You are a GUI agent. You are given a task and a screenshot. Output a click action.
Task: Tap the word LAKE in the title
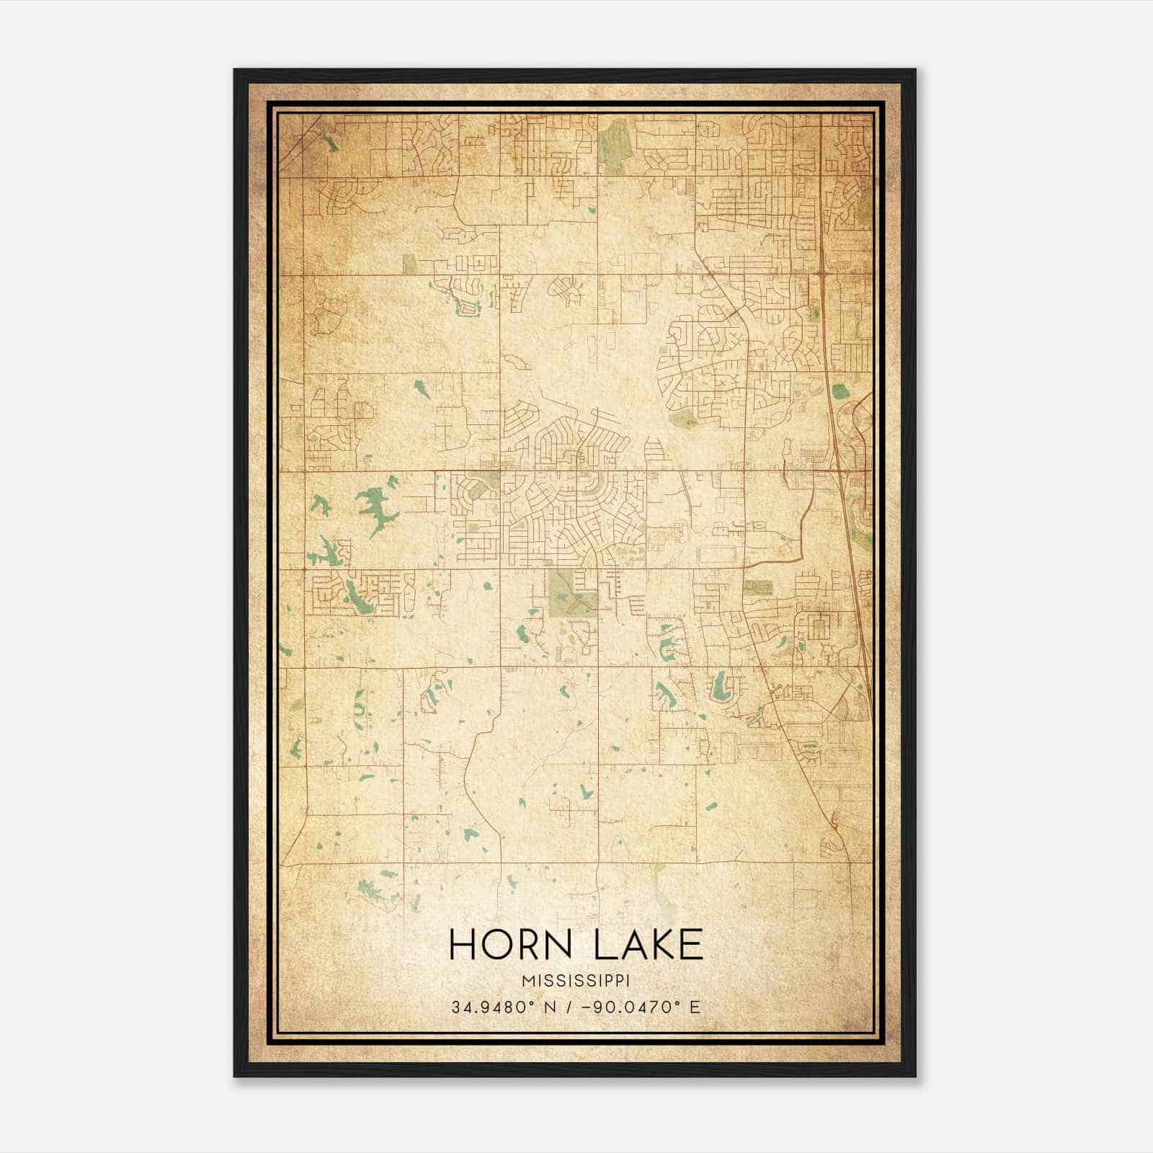pyautogui.click(x=648, y=944)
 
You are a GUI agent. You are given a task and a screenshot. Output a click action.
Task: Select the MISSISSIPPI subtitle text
pyautogui.click(x=576, y=981)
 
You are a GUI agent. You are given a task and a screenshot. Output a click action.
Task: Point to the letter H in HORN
pyautogui.click(x=462, y=944)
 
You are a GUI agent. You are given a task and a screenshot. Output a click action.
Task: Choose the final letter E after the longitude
pyautogui.click(x=695, y=1007)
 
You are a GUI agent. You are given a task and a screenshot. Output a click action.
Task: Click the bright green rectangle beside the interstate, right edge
pyautogui.click(x=840, y=391)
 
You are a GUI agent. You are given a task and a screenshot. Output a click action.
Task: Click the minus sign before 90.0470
pyautogui.click(x=592, y=1007)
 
